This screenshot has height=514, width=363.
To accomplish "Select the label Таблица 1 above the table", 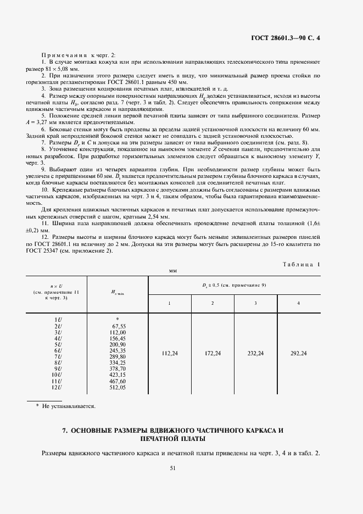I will tap(301, 264).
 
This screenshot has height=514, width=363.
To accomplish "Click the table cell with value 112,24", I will tap(170, 354).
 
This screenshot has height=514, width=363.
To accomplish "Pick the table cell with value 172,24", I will tap(213, 354).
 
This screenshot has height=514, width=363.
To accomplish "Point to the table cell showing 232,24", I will tap(255, 354).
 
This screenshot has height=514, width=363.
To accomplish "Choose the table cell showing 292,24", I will tap(298, 354).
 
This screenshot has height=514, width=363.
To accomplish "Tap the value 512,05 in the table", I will tap(118, 388).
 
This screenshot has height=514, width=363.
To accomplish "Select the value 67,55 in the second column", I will tap(119, 326).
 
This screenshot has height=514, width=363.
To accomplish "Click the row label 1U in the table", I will tap(57, 319).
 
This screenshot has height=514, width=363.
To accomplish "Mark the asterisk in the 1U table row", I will tap(118, 320).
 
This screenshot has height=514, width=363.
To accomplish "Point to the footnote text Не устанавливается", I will tap(71, 407).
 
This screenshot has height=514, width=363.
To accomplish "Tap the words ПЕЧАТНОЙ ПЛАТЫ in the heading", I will tap(172, 440).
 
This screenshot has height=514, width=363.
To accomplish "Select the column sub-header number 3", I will tap(255, 303).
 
